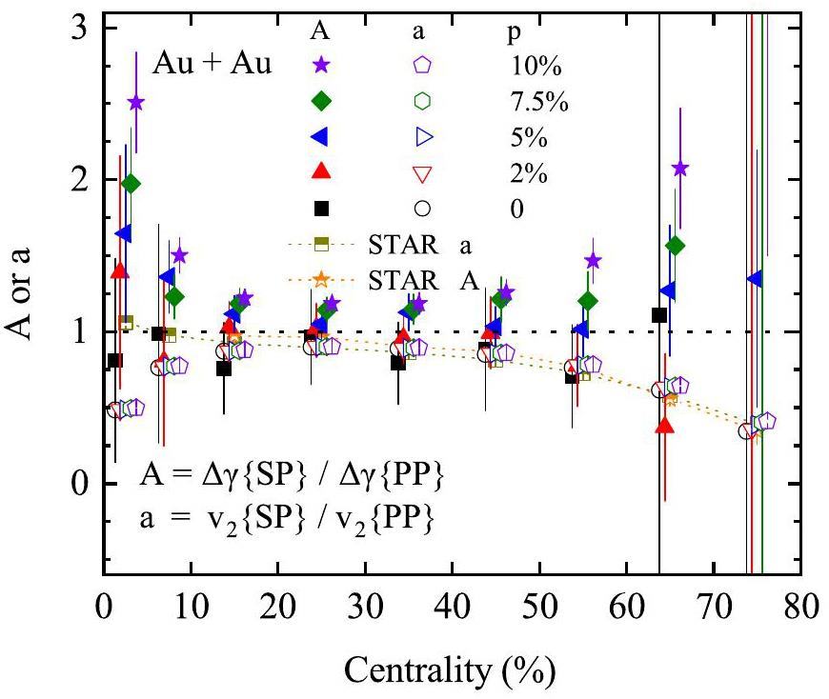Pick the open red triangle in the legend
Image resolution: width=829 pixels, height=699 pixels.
(422, 172)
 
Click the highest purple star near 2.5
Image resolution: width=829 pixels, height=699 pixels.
(136, 103)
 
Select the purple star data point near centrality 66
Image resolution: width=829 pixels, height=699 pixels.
(679, 169)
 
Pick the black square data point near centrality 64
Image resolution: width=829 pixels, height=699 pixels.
(658, 315)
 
